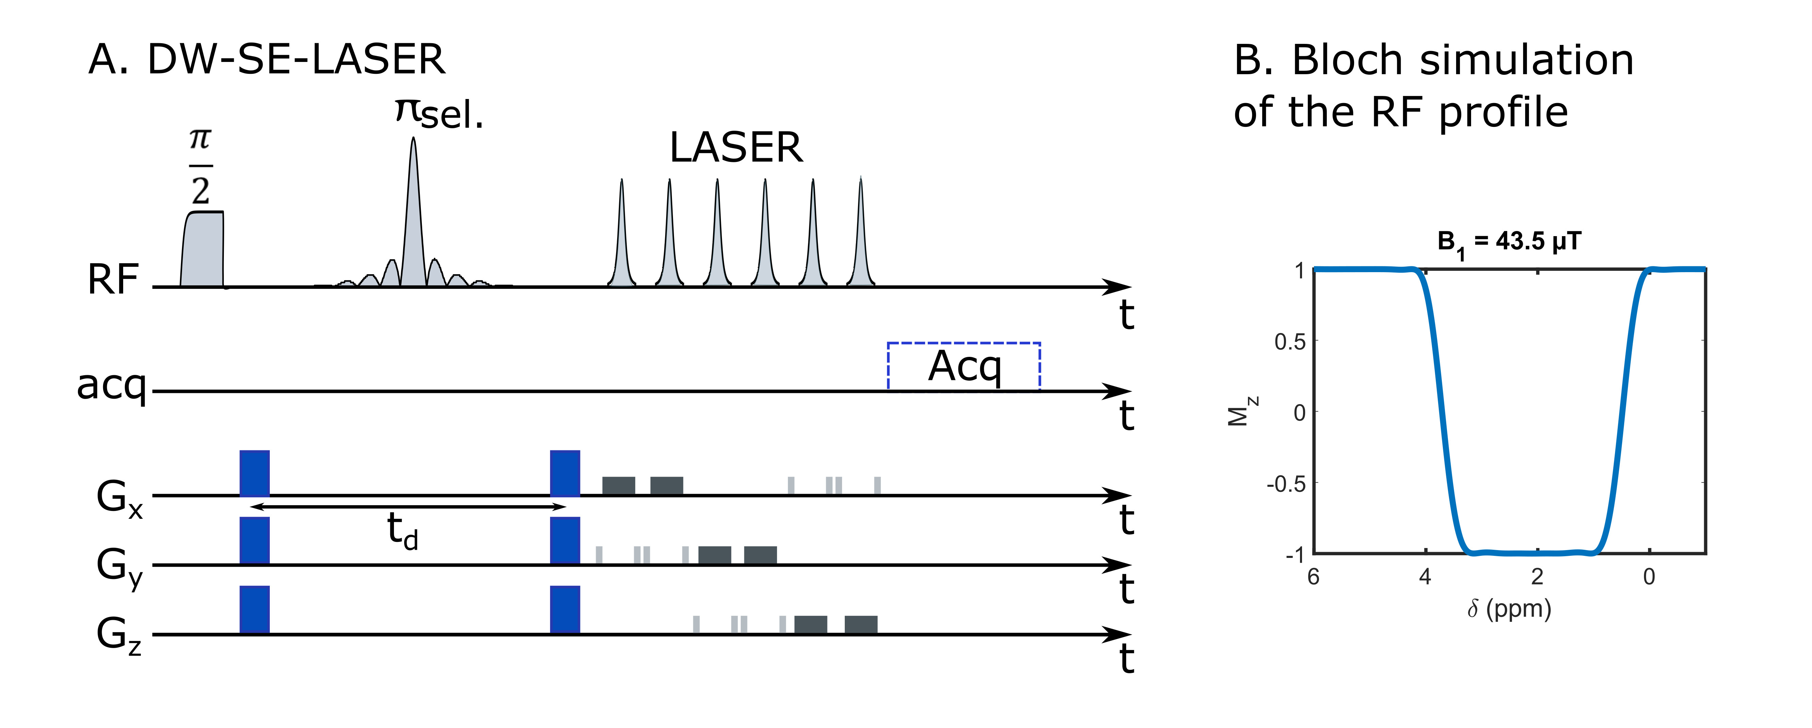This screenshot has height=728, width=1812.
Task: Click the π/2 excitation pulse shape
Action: [x=202, y=250]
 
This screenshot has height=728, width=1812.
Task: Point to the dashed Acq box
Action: [x=964, y=366]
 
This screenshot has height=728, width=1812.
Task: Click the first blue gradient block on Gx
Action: [x=254, y=473]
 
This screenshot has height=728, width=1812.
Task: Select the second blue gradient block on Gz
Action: [x=565, y=609]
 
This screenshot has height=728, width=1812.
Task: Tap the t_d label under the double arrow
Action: [x=402, y=531]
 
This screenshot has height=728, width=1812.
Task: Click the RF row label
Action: [x=113, y=279]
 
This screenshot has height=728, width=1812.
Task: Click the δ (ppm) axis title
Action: [x=1509, y=609]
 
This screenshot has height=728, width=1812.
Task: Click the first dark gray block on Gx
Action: [x=618, y=485]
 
